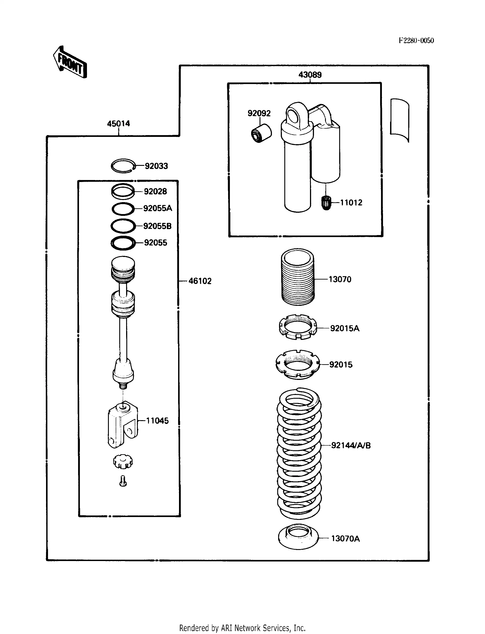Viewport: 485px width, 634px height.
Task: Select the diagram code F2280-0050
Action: (416, 41)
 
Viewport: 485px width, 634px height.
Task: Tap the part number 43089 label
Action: (310, 75)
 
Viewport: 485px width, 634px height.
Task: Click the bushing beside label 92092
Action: (261, 133)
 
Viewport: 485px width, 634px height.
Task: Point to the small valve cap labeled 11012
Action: (326, 203)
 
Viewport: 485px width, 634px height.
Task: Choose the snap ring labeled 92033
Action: (123, 166)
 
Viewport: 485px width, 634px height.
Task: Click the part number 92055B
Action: (157, 226)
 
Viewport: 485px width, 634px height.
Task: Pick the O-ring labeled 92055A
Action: (123, 209)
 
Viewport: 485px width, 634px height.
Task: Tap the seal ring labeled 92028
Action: (123, 191)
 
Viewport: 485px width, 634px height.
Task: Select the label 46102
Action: (200, 281)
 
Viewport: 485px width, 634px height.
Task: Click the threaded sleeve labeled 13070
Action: (298, 277)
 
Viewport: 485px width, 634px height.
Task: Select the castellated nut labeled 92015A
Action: (298, 327)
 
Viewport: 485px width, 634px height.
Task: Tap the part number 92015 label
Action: (341, 364)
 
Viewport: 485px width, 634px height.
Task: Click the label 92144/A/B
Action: (350, 445)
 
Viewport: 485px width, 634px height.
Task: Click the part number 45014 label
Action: (118, 124)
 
